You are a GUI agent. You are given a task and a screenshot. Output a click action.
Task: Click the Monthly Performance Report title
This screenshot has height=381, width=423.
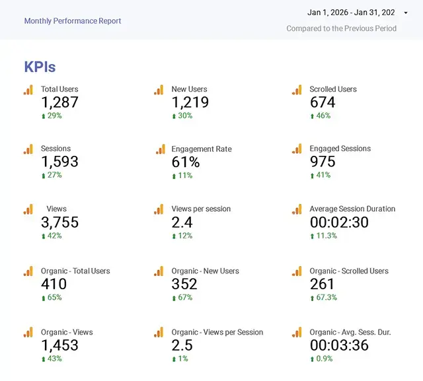click(73, 21)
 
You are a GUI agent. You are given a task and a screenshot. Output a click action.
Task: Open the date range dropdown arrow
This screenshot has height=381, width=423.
click(405, 13)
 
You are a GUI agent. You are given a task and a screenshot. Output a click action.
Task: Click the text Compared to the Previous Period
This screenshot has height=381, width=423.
click(341, 28)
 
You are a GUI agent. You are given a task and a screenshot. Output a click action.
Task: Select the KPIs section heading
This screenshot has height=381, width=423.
click(40, 67)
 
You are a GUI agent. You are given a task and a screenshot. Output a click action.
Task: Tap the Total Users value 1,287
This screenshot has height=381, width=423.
click(59, 102)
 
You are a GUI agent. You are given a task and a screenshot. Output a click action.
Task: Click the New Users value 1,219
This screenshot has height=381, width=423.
click(190, 102)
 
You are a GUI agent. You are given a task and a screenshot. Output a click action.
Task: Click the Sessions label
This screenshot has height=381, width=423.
click(56, 149)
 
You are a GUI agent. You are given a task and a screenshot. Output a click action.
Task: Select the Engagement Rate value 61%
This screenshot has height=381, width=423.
click(185, 162)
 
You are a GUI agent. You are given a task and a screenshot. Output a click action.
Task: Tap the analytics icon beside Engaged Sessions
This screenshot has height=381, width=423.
click(297, 149)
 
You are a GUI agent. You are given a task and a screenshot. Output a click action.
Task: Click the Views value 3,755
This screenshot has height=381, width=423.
click(59, 223)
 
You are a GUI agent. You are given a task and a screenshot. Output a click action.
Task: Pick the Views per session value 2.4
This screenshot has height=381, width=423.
click(182, 223)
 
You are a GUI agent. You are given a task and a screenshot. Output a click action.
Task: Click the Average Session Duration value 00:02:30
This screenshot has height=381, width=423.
click(339, 223)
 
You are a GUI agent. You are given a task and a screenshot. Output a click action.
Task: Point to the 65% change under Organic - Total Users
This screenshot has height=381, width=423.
click(55, 298)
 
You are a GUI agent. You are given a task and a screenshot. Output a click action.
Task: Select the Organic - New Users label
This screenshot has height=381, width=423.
click(205, 271)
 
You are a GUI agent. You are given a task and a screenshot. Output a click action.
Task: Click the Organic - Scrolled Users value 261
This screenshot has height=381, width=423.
click(323, 284)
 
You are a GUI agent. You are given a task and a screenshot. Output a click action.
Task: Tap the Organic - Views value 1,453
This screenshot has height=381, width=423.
click(59, 345)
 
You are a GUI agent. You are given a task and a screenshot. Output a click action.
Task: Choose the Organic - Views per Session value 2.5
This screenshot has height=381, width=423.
click(182, 345)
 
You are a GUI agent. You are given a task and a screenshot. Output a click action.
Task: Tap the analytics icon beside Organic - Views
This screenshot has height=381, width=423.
click(28, 333)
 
